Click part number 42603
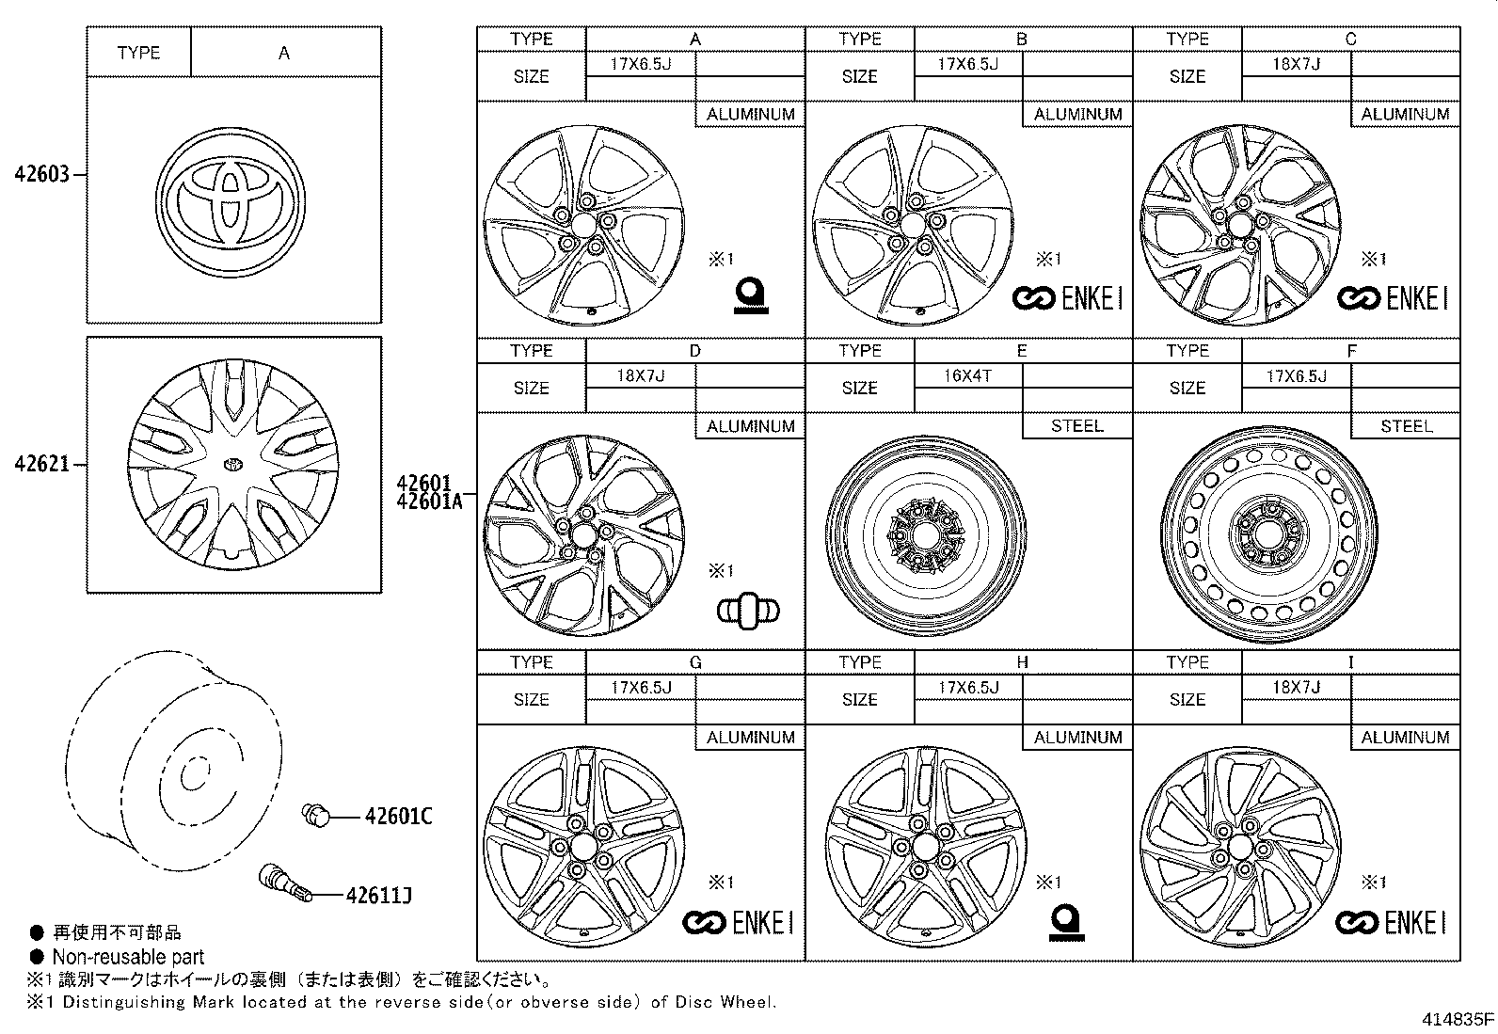click(41, 175)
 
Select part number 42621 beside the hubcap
click(41, 464)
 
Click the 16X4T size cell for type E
click(967, 375)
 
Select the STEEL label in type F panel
click(1406, 426)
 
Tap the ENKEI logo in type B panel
click(1067, 299)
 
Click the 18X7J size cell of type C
click(1296, 64)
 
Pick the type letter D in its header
click(694, 351)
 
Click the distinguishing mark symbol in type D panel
click(748, 611)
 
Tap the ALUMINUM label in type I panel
click(1406, 738)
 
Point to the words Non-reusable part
click(128, 957)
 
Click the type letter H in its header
click(1022, 662)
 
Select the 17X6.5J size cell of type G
click(640, 687)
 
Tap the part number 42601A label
click(430, 501)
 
